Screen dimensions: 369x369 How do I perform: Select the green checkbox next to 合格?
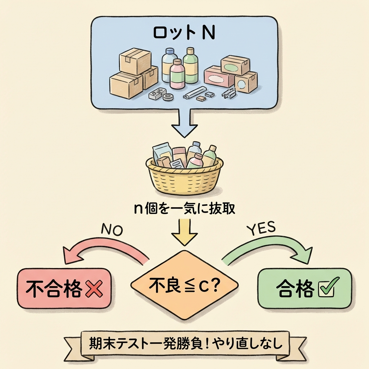(326, 289)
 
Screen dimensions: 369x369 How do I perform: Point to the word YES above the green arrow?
(261, 228)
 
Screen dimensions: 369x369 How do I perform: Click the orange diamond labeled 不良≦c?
(184, 285)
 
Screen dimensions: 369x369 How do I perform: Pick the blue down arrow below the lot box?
(184, 123)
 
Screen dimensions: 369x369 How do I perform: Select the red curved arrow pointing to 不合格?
(105, 250)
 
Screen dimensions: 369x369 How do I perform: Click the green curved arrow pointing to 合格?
(267, 249)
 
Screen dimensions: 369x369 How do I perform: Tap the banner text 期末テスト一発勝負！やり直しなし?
(184, 344)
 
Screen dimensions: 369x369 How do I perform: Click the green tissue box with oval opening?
(235, 65)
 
